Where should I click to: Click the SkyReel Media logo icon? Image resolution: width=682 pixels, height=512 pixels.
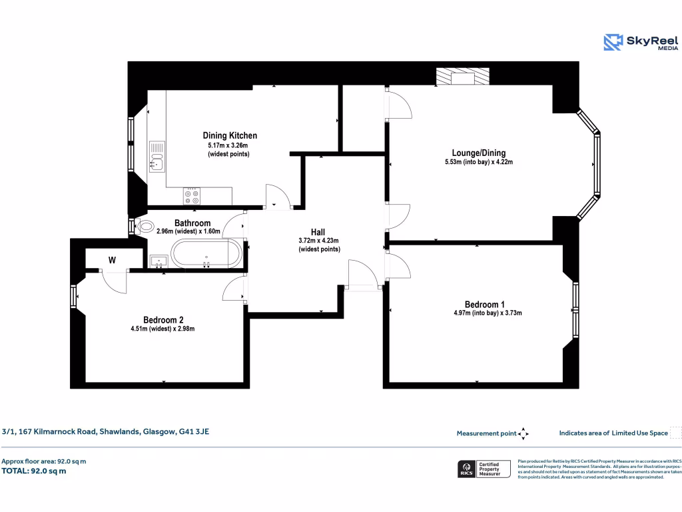point(613,43)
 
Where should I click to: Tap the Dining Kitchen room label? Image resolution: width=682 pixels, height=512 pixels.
point(230,135)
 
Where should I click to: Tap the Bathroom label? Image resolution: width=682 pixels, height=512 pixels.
point(192,223)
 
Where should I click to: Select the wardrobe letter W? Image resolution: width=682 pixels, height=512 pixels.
point(112,261)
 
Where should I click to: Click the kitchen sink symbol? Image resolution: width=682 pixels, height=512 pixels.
point(157,157)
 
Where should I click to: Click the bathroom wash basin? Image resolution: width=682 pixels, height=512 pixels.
point(159,261)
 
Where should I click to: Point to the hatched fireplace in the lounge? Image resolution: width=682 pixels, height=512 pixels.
point(462,77)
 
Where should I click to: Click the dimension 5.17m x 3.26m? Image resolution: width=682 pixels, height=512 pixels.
point(228,145)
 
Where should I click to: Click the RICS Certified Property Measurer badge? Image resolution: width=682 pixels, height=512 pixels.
point(484,469)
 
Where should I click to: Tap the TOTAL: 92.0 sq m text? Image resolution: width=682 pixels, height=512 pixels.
point(34,471)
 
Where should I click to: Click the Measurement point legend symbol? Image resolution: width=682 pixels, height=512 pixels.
point(523,433)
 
